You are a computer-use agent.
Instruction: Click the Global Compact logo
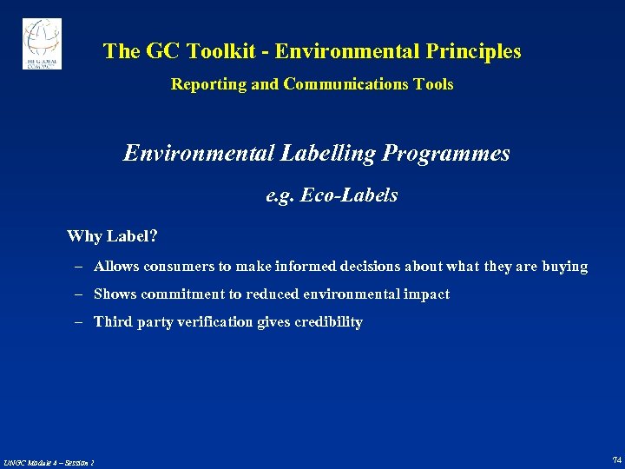pyautogui.click(x=42, y=43)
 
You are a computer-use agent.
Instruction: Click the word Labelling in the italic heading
pyautogui.click(x=328, y=154)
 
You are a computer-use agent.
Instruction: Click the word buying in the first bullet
pyautogui.click(x=565, y=267)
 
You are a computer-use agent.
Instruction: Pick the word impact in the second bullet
pyautogui.click(x=429, y=294)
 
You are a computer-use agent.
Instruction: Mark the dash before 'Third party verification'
pyautogui.click(x=77, y=322)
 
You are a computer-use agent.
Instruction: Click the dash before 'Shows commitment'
pyautogui.click(x=77, y=294)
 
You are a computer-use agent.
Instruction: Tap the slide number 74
pyautogui.click(x=616, y=459)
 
